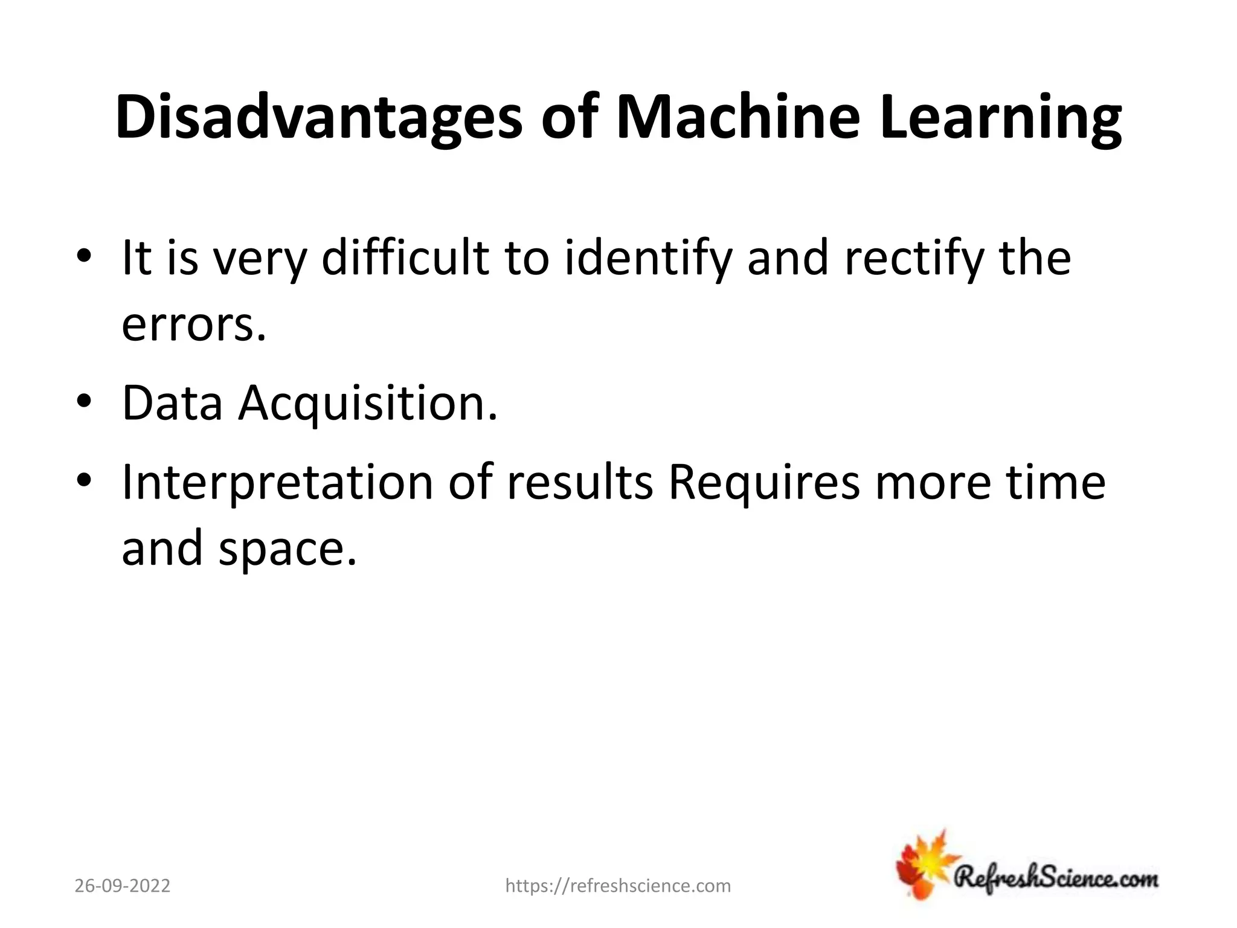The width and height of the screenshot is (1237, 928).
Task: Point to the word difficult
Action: [x=405, y=258]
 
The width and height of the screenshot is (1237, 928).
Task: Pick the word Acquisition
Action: [x=368, y=404]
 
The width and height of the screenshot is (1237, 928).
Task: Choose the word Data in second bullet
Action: [x=172, y=403]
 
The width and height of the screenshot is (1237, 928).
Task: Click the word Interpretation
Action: [x=277, y=483]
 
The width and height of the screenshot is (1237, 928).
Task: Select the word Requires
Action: [x=764, y=483]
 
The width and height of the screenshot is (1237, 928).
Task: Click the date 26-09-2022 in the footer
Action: [x=123, y=886]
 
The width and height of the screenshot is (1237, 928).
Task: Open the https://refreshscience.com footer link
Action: [x=618, y=886]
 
